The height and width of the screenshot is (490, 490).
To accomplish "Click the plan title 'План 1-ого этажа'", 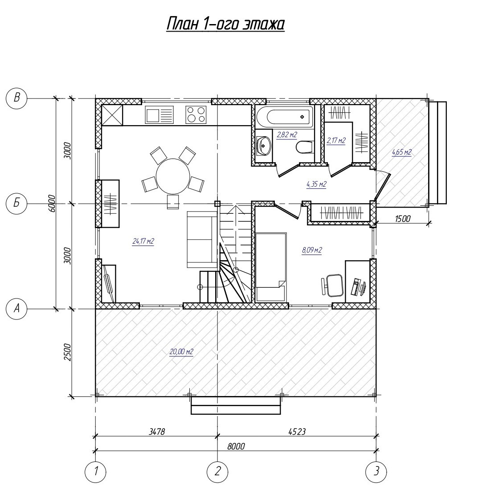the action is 225,24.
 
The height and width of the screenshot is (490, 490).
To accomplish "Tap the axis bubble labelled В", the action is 16,98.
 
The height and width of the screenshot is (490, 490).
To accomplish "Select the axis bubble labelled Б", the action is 16,204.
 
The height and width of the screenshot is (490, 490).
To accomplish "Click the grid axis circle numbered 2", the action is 217,471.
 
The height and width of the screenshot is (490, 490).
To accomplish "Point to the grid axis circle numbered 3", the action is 376,471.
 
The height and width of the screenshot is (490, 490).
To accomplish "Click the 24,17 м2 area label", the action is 143,241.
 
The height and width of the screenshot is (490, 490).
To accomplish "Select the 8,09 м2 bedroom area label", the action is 311,250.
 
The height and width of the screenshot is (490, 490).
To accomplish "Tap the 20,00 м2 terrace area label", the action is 182,352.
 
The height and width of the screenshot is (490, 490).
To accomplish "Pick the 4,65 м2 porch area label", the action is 401,152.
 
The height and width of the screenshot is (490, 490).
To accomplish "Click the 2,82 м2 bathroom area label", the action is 287,135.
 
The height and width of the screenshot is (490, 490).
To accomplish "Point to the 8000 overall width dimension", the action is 236,446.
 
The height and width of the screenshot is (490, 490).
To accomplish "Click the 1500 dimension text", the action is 403,218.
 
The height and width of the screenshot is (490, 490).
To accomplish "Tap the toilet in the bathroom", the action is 304,147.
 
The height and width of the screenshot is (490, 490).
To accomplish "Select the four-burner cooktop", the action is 196,114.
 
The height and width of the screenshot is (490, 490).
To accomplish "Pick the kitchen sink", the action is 159,114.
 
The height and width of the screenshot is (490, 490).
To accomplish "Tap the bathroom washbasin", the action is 264,146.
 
